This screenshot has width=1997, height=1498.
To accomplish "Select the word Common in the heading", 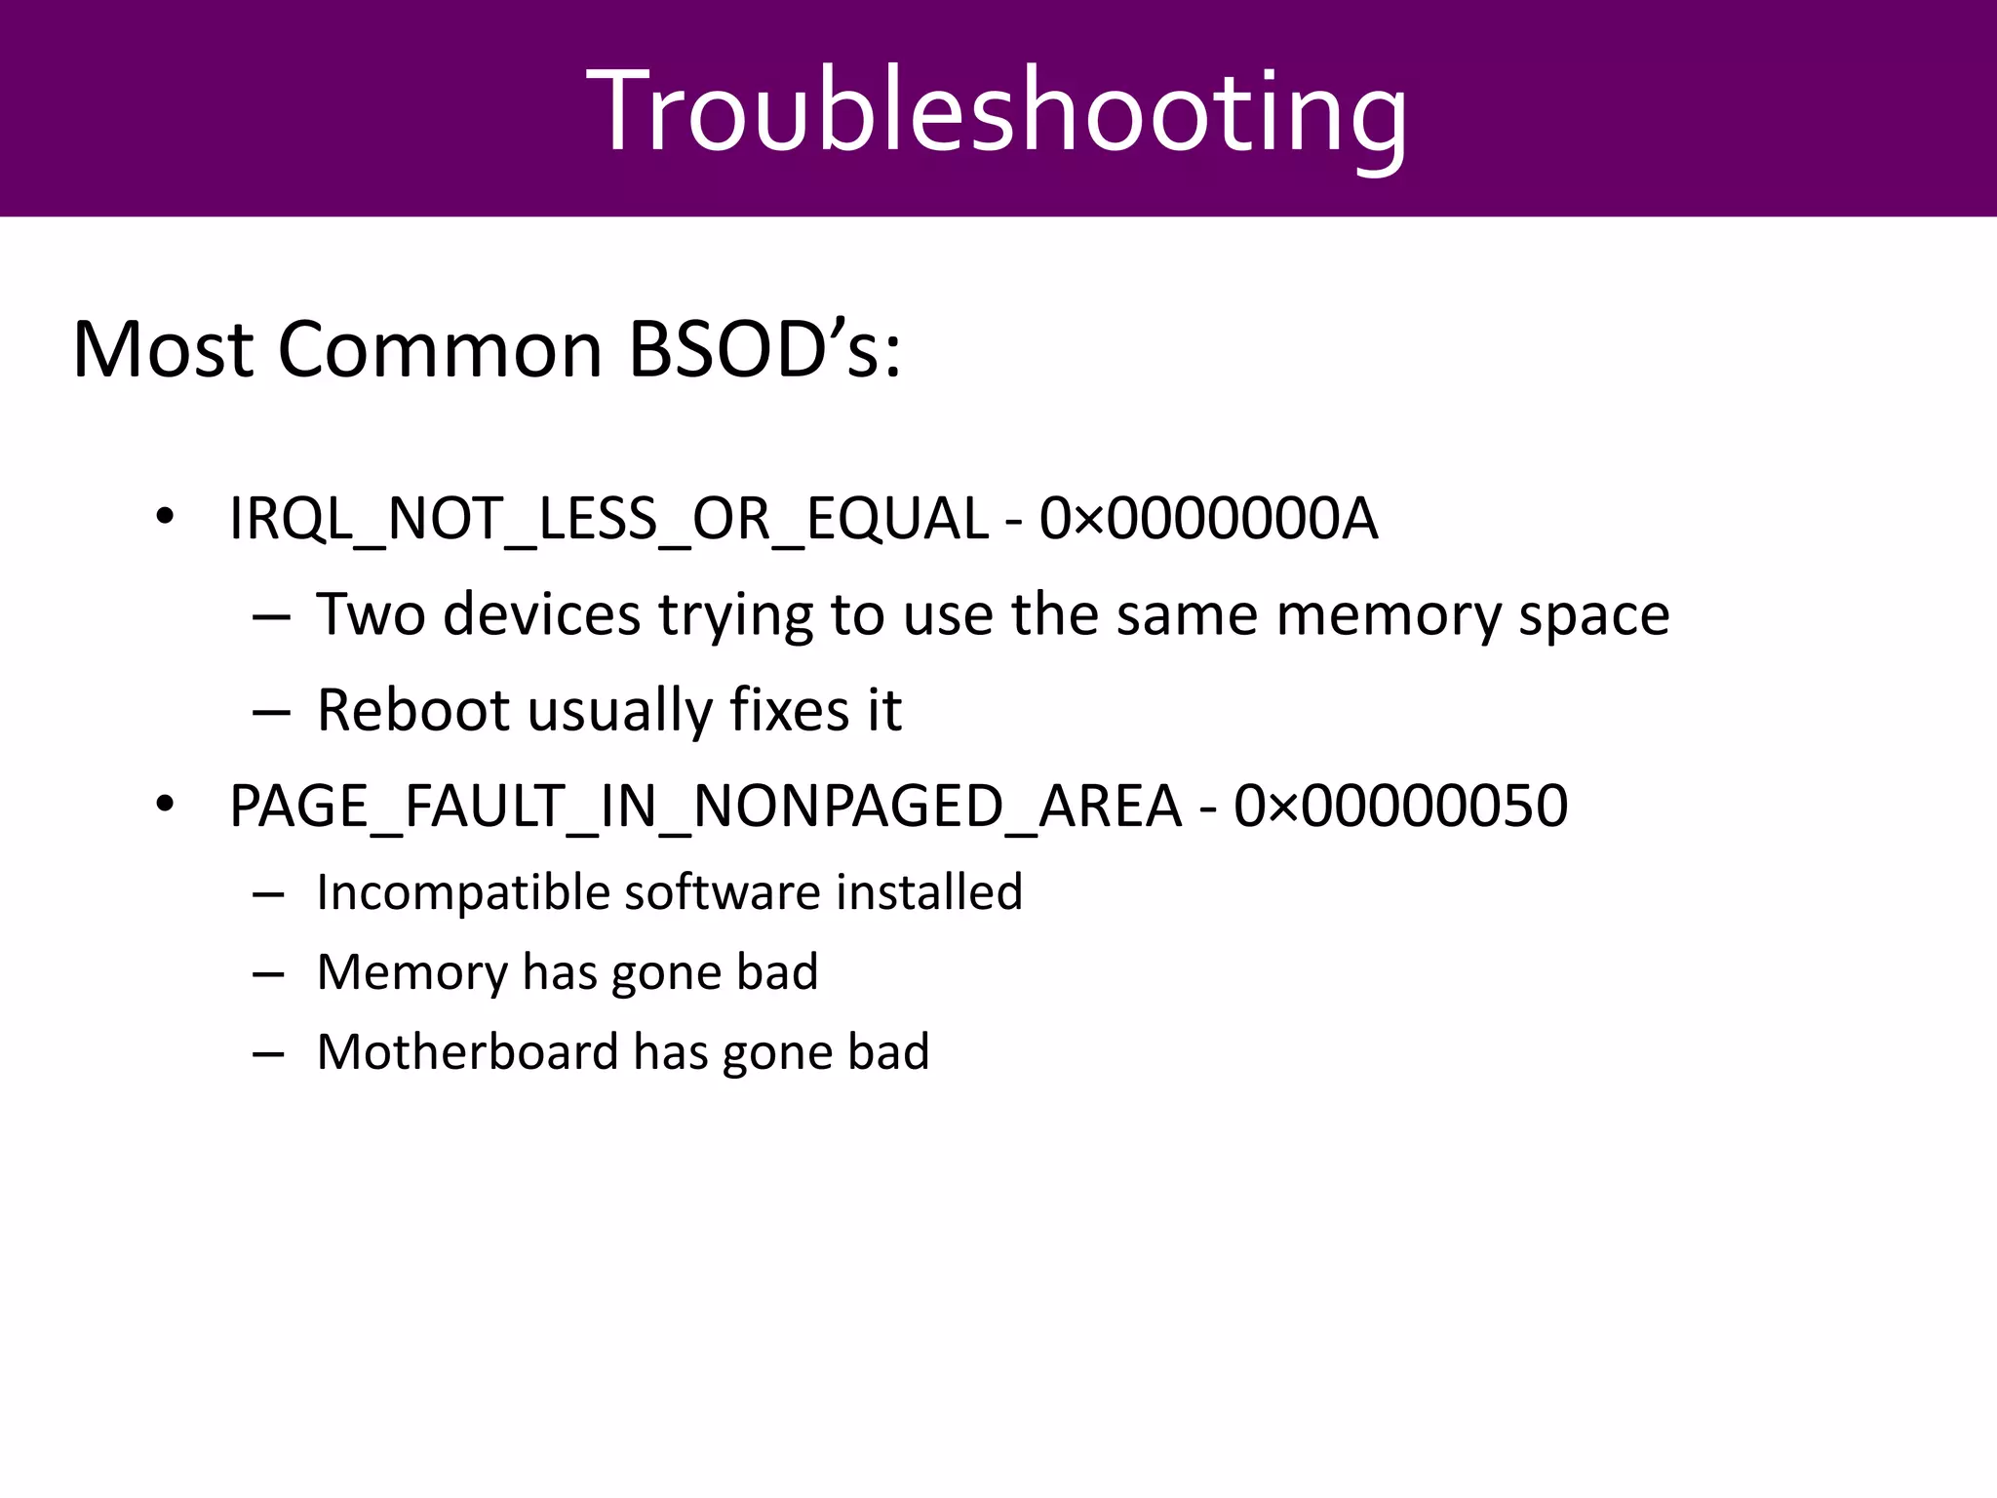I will [440, 349].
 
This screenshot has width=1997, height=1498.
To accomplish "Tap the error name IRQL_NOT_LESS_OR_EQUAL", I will [608, 519].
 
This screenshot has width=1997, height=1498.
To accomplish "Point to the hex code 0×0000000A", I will [1208, 519].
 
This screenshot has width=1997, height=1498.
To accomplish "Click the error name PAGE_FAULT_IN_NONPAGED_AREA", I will [705, 807].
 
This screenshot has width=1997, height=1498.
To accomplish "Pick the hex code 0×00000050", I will [1400, 807].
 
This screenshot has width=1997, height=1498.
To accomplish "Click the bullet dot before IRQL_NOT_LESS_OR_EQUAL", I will [164, 517].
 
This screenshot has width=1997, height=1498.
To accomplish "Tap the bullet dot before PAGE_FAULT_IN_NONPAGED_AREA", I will [164, 805].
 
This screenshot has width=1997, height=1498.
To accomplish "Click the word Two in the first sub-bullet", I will [371, 614].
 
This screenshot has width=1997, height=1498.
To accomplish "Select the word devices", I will [542, 614].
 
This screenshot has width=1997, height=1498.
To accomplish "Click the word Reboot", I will [412, 710].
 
